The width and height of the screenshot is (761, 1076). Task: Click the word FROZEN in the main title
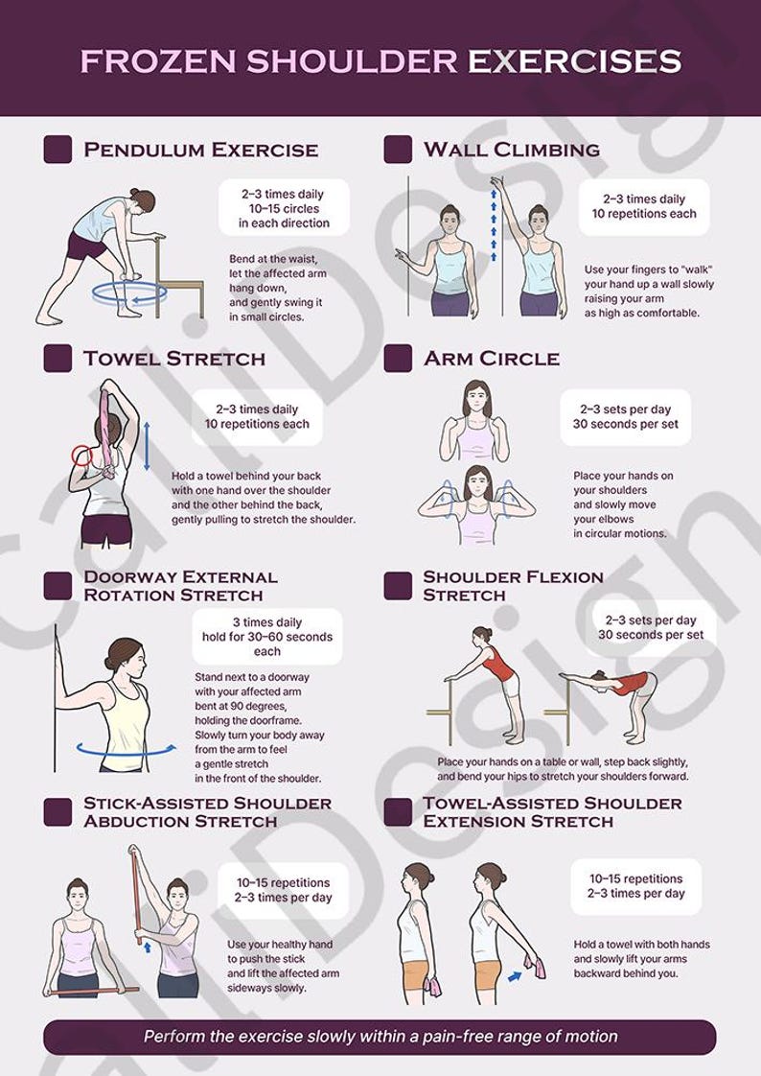click(159, 61)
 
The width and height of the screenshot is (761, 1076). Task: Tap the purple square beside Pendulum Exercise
click(58, 150)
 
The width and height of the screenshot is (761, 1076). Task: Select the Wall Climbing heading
click(512, 150)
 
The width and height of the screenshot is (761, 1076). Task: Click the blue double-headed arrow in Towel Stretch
click(147, 448)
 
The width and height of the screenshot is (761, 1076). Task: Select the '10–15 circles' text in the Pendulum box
click(284, 208)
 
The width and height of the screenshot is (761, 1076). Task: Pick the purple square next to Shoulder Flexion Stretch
click(398, 586)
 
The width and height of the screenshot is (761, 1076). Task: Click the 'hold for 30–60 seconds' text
click(267, 637)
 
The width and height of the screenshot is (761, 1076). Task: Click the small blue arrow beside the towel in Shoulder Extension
click(515, 976)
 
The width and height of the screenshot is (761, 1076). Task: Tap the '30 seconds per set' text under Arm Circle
click(625, 424)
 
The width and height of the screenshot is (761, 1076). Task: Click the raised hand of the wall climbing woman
click(496, 181)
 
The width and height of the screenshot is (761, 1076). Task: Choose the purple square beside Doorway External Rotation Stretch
click(58, 586)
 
